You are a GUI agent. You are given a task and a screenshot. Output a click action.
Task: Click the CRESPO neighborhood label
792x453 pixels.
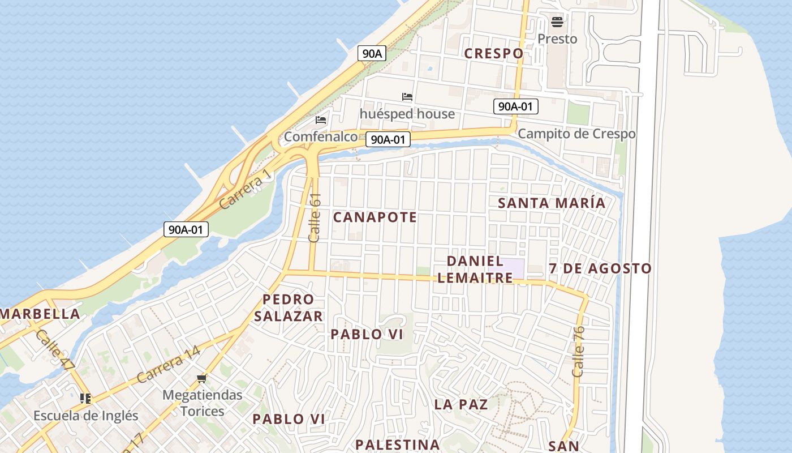coord(493,53)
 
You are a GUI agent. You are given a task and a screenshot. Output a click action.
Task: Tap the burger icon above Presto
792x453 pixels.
coord(557,23)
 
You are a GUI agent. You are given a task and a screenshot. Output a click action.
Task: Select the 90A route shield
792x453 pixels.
coord(372,54)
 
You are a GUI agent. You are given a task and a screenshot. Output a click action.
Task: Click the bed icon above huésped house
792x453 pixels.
coord(407,97)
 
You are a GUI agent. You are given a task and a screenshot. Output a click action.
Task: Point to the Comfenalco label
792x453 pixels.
coord(321,136)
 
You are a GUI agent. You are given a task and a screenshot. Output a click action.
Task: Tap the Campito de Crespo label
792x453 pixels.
coord(576,134)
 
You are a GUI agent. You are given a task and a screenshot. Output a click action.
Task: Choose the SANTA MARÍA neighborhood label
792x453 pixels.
coord(551,203)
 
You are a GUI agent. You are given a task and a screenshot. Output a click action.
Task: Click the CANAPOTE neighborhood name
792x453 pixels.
coord(375,217)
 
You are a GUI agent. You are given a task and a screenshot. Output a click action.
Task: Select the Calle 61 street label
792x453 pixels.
coord(315,218)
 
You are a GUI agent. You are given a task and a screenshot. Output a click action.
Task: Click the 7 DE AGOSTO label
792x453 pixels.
coord(600,268)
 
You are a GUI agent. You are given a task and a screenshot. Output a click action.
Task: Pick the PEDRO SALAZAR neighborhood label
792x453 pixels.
coord(288,307)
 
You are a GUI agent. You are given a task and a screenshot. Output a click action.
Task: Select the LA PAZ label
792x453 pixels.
coord(461,404)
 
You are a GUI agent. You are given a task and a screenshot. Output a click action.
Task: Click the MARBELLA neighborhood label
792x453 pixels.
coord(40,314)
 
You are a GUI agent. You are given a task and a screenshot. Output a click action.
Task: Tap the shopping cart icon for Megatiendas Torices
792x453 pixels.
coord(202,378)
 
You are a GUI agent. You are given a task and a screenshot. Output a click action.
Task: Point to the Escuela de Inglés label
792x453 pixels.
coord(85,415)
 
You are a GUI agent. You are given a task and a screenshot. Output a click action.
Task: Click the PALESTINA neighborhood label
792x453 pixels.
coord(397,445)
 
